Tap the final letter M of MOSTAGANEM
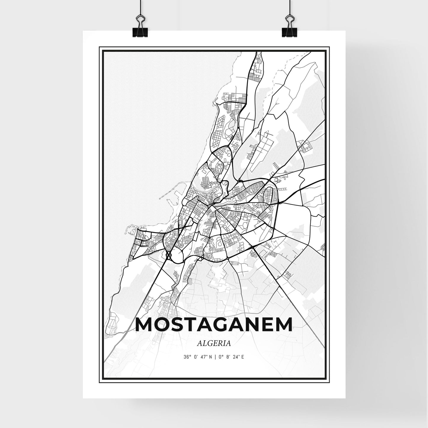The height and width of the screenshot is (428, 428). point(282,325)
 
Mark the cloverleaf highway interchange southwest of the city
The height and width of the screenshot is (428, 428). point(168,255)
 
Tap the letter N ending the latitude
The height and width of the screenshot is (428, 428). point(210,357)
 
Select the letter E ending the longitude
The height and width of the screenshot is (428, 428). point(243,357)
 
